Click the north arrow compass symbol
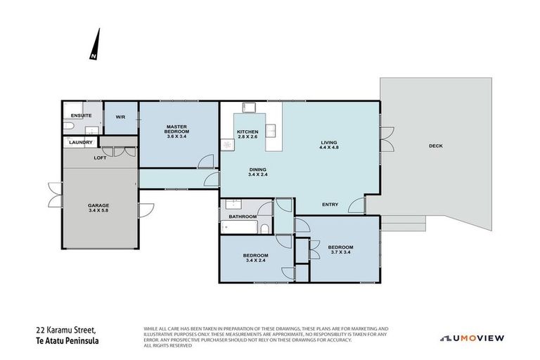pos(96,46)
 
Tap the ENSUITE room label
pos(82,115)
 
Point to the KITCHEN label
pos(247,131)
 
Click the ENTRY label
pos(330,205)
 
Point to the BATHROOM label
pos(243,217)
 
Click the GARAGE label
pos(98,205)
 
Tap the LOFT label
pos(101,158)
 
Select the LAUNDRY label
pos(81,143)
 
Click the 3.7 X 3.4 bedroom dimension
pos(340,253)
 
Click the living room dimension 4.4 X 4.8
pos(329,148)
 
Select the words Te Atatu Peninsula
pos(67,340)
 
